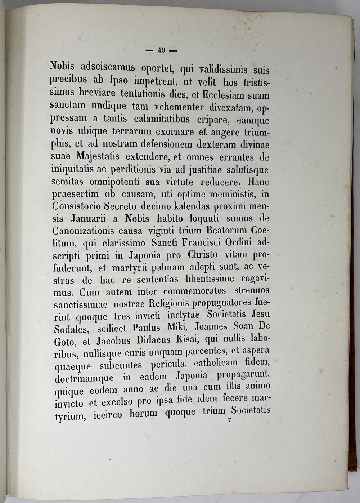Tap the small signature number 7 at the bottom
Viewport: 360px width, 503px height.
[x=229, y=419]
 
